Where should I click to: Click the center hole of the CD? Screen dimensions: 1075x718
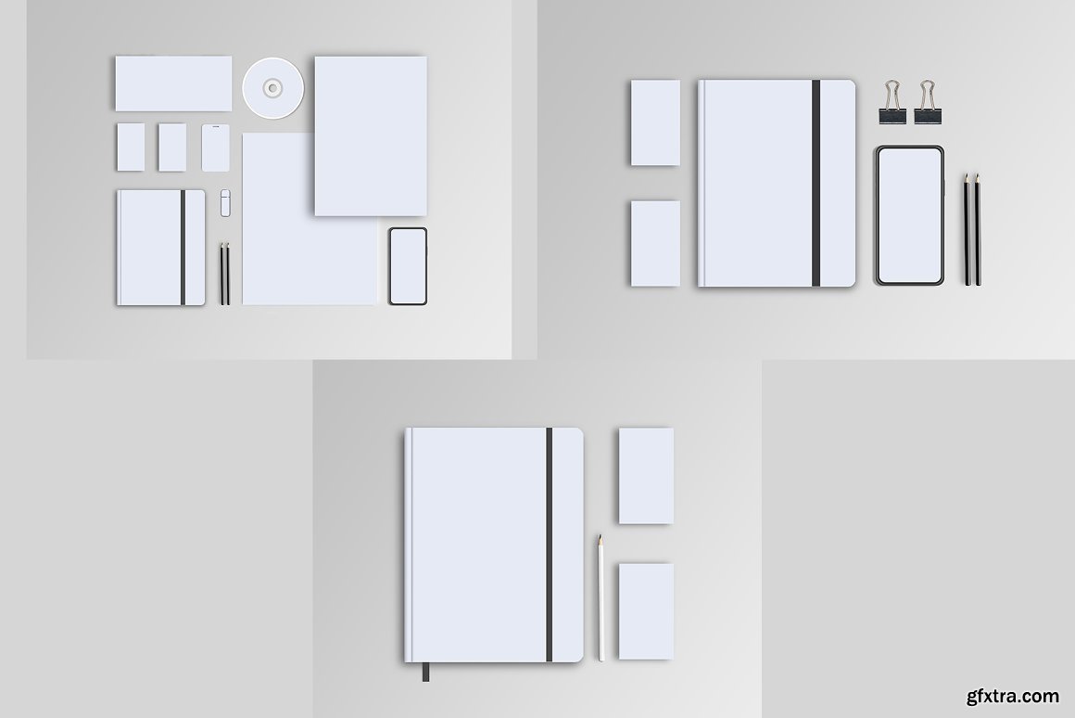tap(272, 88)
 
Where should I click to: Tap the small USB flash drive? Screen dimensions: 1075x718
tap(225, 203)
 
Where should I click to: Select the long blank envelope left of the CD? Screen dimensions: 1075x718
tap(173, 83)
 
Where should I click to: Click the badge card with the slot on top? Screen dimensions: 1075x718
tap(215, 147)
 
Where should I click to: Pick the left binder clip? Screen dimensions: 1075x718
tap(892, 102)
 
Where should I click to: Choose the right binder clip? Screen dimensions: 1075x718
tap(928, 102)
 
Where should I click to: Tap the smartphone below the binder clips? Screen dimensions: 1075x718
tap(910, 215)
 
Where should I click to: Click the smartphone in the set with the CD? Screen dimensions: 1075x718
tap(408, 266)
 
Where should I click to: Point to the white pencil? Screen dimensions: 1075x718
tap(601, 598)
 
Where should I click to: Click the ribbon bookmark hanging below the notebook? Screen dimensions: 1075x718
tap(425, 672)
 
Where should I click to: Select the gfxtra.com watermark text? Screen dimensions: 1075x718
tap(1013, 696)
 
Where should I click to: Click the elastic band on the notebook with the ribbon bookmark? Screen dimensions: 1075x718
tap(550, 545)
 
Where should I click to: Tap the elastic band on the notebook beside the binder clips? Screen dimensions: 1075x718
tap(816, 183)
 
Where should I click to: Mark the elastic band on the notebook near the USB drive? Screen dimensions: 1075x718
tap(183, 247)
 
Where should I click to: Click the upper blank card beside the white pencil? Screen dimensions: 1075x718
tap(646, 476)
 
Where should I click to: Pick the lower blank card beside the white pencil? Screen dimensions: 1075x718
tap(646, 611)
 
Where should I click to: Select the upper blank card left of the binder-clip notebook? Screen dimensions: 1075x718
tap(655, 122)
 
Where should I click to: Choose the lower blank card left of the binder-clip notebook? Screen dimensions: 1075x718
tap(655, 243)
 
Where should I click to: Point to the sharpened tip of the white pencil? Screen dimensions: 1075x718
tap(600, 536)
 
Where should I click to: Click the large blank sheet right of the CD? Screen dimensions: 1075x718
tap(371, 136)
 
